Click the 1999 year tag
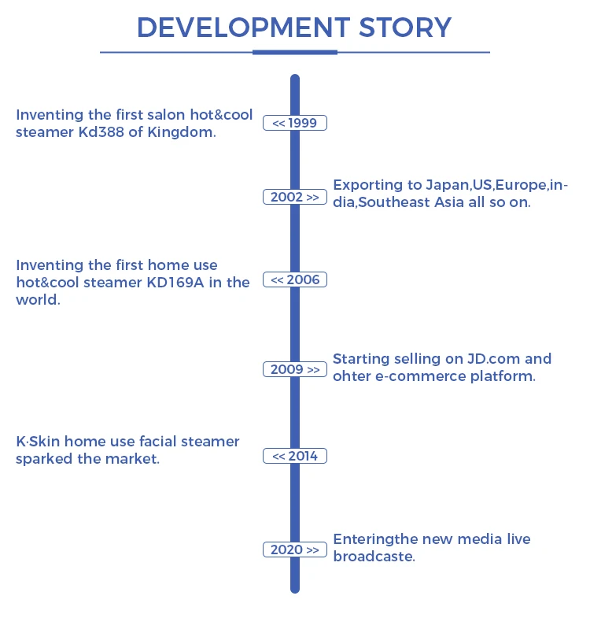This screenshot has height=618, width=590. point(295,123)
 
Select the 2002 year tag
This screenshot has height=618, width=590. point(295,198)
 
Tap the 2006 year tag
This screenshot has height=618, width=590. point(295,280)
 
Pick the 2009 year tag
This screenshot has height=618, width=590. point(295,369)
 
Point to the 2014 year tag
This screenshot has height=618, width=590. point(295,456)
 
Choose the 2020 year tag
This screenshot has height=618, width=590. point(295,550)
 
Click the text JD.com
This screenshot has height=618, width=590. point(490,359)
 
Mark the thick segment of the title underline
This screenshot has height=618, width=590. point(295,52)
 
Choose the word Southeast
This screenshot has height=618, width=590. point(405,202)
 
